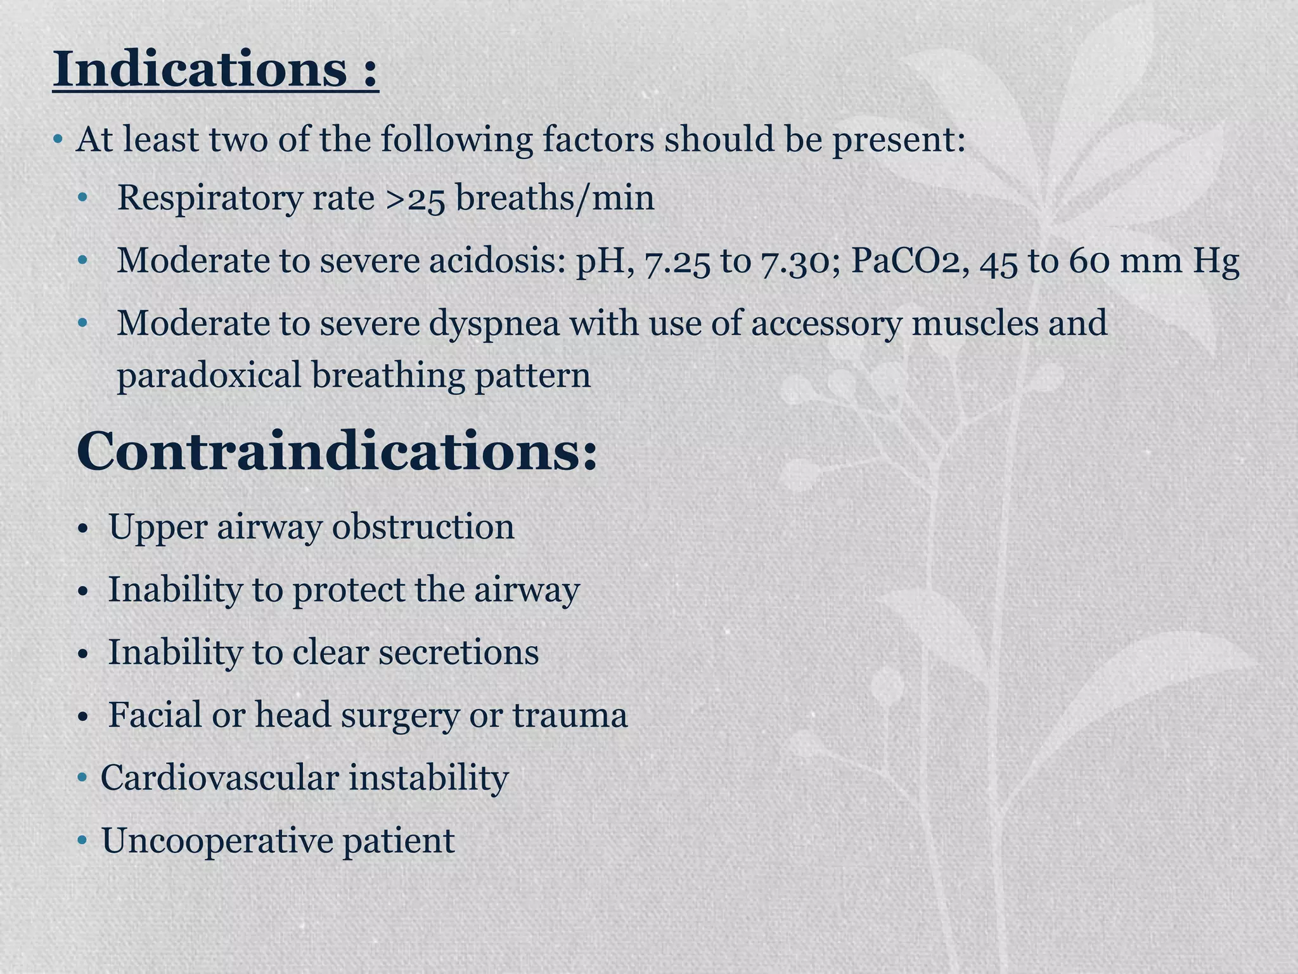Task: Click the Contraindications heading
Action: (337, 452)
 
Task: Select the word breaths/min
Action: (555, 198)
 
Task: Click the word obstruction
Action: (423, 527)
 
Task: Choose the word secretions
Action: (458, 653)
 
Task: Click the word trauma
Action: (570, 715)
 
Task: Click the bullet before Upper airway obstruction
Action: (82, 528)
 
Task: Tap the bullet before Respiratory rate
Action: (82, 198)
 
